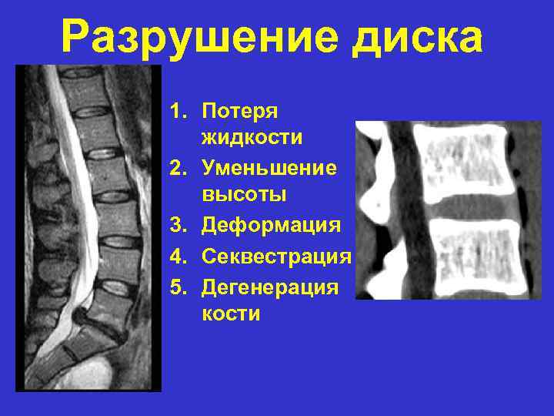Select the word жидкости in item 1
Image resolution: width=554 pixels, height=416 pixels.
pyautogui.click(x=252, y=139)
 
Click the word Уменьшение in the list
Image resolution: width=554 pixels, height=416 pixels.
pyautogui.click(x=269, y=167)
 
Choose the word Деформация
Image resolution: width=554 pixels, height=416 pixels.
pyautogui.click(x=270, y=225)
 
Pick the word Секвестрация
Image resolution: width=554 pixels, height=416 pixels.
pyautogui.click(x=276, y=255)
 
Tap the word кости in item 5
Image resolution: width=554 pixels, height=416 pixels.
pyautogui.click(x=231, y=314)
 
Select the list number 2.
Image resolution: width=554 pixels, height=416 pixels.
pyautogui.click(x=178, y=167)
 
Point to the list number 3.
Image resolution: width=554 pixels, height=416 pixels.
pyautogui.click(x=178, y=225)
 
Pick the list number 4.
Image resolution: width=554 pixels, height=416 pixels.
pyautogui.click(x=178, y=255)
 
